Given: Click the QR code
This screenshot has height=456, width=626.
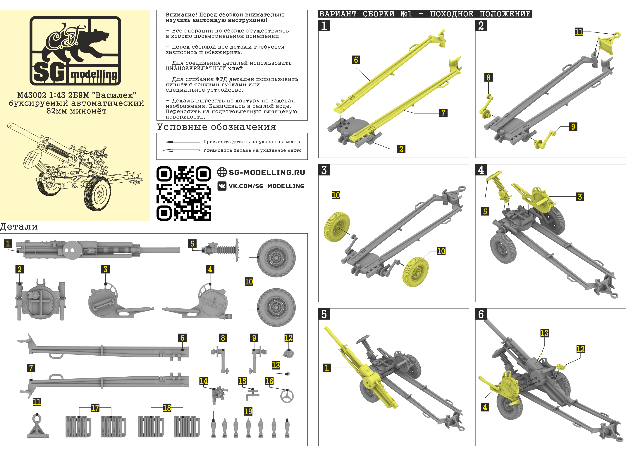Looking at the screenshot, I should click(184, 193).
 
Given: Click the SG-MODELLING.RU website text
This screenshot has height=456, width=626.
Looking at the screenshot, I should click(267, 172).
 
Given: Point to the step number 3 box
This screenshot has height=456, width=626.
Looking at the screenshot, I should click(324, 170).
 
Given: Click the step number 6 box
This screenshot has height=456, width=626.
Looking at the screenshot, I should click(481, 314).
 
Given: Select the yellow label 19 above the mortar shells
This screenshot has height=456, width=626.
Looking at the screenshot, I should click(248, 412).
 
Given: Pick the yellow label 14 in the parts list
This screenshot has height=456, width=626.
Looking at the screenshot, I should click(203, 381).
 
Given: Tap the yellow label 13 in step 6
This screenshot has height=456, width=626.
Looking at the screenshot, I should click(544, 333).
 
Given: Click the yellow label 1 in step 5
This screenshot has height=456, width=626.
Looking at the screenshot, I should click(326, 368).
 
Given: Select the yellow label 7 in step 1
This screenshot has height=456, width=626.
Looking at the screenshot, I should click(443, 113).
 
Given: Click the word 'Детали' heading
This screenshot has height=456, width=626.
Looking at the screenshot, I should click(19, 227).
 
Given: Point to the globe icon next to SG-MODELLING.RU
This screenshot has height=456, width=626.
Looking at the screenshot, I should click(222, 172).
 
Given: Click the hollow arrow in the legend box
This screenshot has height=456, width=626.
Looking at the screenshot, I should click(181, 150).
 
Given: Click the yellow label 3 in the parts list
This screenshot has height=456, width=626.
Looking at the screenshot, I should click(105, 269).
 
